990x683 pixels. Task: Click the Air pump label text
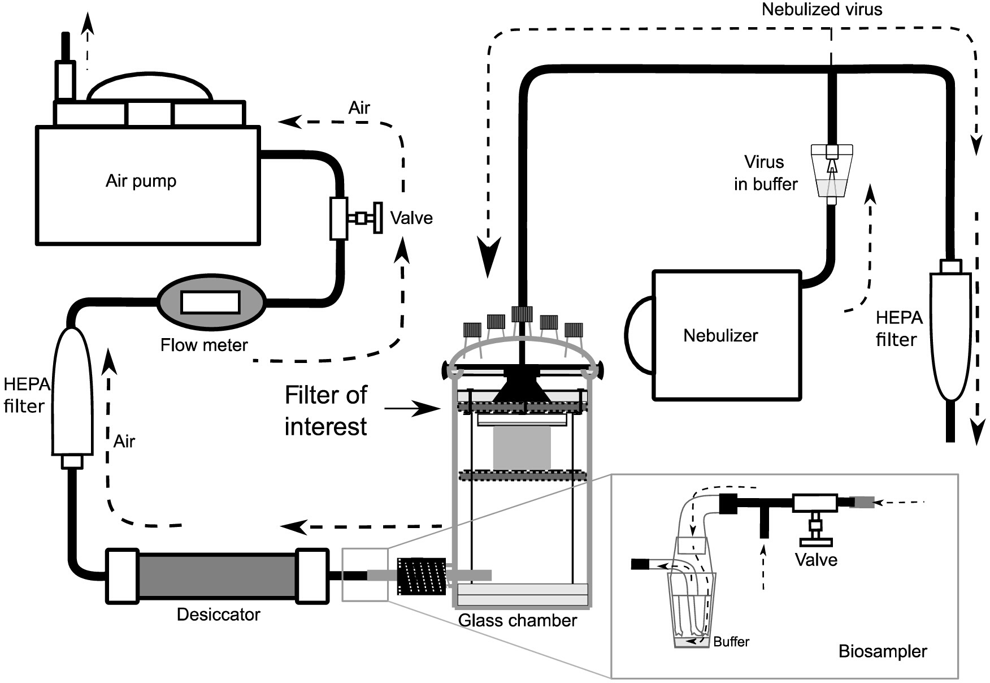click(x=141, y=181)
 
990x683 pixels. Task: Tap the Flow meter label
click(x=204, y=345)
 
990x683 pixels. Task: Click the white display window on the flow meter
click(x=210, y=302)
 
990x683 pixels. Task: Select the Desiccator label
click(x=219, y=615)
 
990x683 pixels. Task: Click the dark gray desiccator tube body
click(x=218, y=576)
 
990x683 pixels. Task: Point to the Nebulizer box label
click(x=720, y=336)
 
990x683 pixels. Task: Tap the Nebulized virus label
click(x=822, y=9)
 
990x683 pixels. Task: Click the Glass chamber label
click(x=518, y=621)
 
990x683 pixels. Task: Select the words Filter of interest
click(x=326, y=410)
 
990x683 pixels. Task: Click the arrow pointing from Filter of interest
click(x=412, y=408)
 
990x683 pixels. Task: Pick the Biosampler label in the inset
click(x=883, y=651)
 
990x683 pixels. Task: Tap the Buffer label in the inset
click(x=731, y=642)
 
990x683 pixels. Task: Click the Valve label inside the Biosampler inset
click(x=816, y=560)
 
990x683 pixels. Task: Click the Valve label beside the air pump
click(x=411, y=218)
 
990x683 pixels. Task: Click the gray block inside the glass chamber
click(x=522, y=447)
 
